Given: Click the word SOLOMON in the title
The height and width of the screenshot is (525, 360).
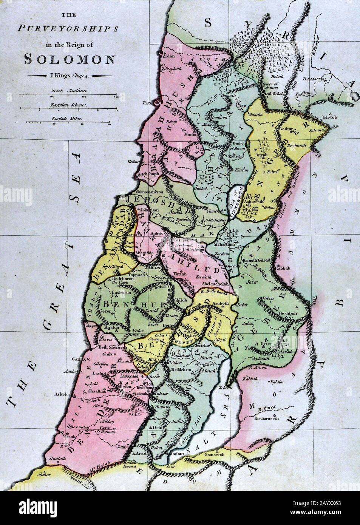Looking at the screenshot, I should (x=70, y=59).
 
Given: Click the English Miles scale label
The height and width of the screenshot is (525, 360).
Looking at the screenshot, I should (x=68, y=118).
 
